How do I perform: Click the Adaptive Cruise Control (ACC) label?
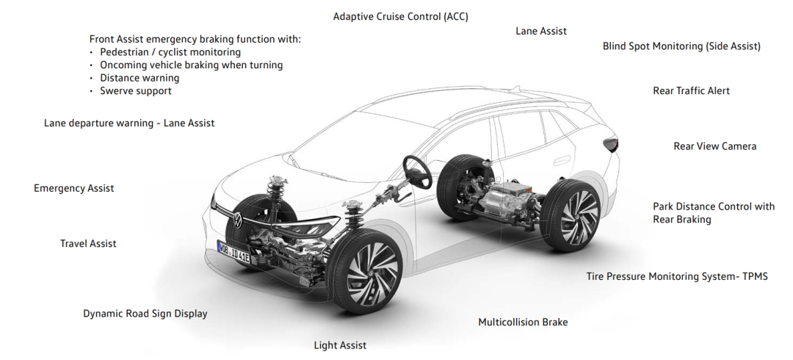click(x=401, y=17)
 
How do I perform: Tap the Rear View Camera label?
click(x=714, y=146)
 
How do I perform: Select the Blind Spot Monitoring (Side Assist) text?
click(x=681, y=46)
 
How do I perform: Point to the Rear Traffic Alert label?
click(x=692, y=90)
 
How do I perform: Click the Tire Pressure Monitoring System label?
click(x=677, y=276)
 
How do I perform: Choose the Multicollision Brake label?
click(x=523, y=322)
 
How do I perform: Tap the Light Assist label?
click(x=340, y=346)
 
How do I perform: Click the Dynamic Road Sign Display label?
click(x=145, y=314)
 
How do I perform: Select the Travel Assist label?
click(x=88, y=243)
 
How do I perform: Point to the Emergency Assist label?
click(x=74, y=188)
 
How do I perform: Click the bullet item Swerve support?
click(x=136, y=91)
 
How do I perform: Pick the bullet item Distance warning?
click(x=140, y=78)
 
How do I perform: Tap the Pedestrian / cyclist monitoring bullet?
click(x=170, y=52)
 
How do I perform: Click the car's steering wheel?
click(x=417, y=171)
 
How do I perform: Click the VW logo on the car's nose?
click(x=237, y=220)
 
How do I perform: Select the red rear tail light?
click(x=611, y=144)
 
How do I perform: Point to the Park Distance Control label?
click(x=714, y=212)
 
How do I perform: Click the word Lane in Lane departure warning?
click(x=54, y=123)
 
